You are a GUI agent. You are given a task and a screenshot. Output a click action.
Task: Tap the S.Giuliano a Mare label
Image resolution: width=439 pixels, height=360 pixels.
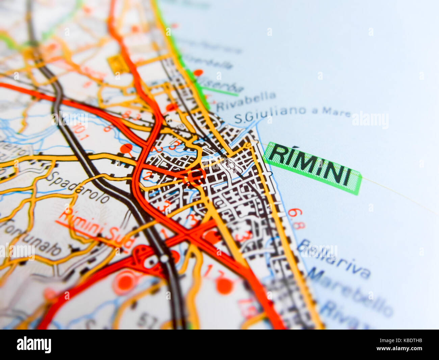[x=292, y=114]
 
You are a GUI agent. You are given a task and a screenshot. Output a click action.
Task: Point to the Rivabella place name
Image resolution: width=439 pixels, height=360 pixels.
[x=246, y=101]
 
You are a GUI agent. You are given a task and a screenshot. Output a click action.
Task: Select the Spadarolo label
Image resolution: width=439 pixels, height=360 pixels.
[x=78, y=187]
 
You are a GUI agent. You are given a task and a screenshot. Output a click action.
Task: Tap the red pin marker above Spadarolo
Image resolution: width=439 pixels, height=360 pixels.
[x=127, y=148]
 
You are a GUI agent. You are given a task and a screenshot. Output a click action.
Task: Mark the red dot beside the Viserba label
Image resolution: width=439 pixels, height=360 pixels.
[x=198, y=72]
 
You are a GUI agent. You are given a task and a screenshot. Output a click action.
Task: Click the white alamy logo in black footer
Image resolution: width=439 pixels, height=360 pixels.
[x=34, y=344]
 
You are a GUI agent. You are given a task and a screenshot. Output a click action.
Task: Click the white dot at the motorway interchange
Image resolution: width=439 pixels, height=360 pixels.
[x=164, y=259]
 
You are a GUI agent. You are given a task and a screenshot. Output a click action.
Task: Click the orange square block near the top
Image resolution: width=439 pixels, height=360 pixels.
[x=118, y=64]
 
